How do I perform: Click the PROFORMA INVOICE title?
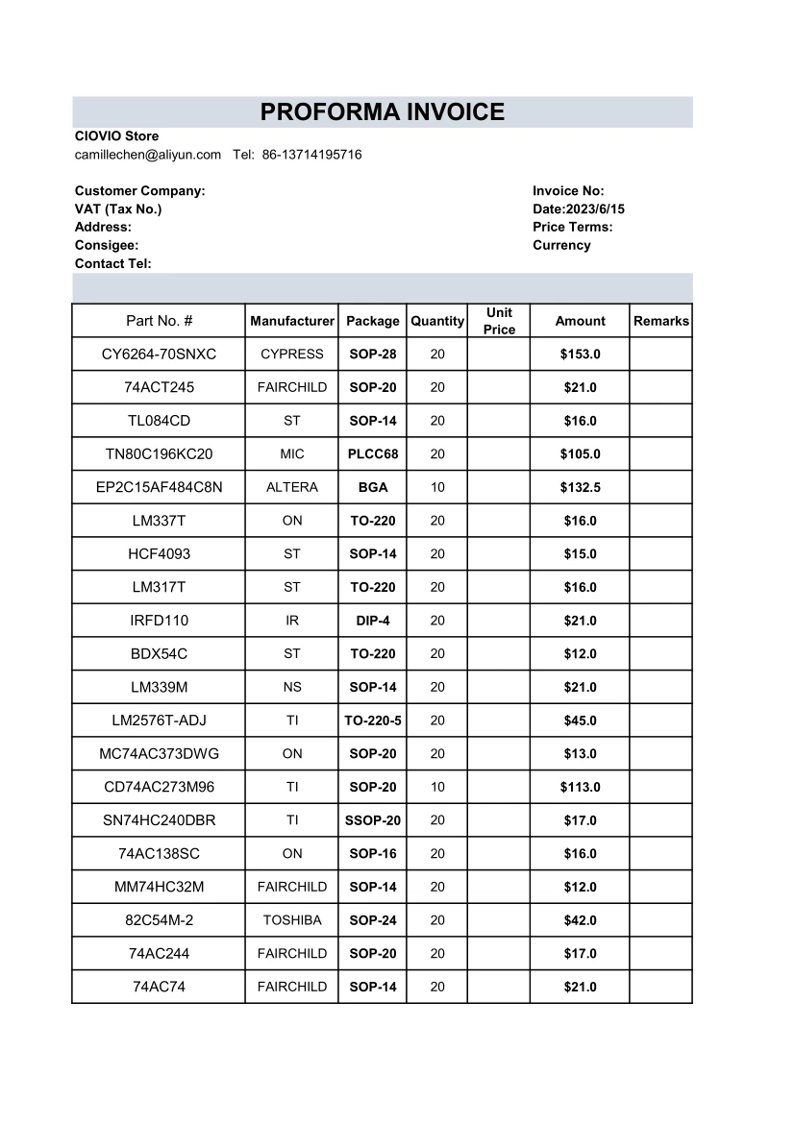pyautogui.click(x=382, y=112)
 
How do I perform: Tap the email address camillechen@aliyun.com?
pyautogui.click(x=148, y=155)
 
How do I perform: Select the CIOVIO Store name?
pyautogui.click(x=116, y=136)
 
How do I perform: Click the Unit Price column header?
pyautogui.click(x=499, y=321)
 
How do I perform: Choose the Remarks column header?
pyautogui.click(x=660, y=321)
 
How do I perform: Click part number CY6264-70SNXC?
pyautogui.click(x=159, y=354)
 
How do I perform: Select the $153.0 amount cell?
pyautogui.click(x=580, y=354)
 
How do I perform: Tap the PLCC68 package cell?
pyautogui.click(x=372, y=454)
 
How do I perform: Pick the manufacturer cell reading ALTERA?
pyautogui.click(x=291, y=487)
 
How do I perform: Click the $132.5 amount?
pyautogui.click(x=580, y=487)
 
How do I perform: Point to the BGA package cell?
pyautogui.click(x=372, y=487)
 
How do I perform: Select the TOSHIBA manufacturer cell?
pyautogui.click(x=291, y=920)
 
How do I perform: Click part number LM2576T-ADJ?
pyautogui.click(x=159, y=721)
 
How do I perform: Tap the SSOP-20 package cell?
pyautogui.click(x=372, y=820)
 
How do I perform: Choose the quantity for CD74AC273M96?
pyautogui.click(x=437, y=787)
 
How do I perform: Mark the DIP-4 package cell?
pyautogui.click(x=372, y=621)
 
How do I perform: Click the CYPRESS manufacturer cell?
pyautogui.click(x=291, y=354)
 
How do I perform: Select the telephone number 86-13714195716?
pyautogui.click(x=311, y=155)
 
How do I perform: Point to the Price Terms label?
pyautogui.click(x=572, y=227)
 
